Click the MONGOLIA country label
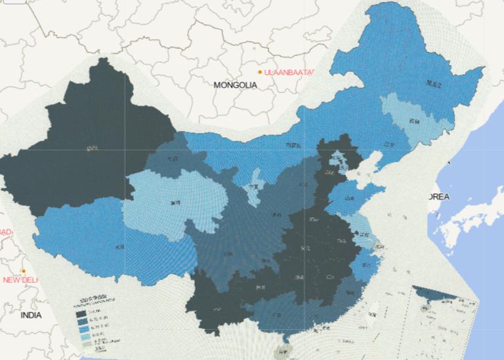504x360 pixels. (235, 85)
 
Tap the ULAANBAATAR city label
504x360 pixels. (289, 71)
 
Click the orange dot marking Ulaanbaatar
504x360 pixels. (260, 71)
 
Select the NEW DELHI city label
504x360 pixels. (20, 280)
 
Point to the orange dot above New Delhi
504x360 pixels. (24, 271)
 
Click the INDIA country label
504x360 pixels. (30, 315)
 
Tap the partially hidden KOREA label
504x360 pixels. (438, 197)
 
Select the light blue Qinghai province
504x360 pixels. (171, 203)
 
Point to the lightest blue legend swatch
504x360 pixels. (82, 341)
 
